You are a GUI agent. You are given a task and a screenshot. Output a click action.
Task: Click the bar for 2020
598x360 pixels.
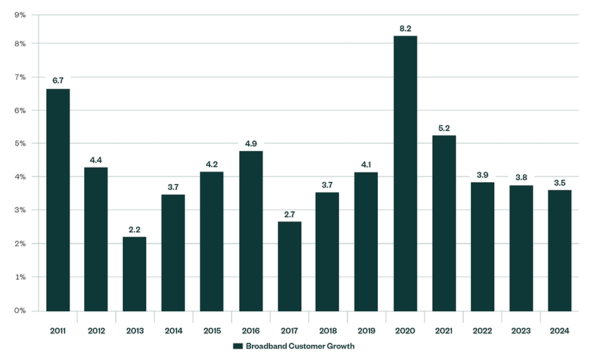pos(405,173)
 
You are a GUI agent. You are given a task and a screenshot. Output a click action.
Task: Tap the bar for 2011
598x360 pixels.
pos(58,199)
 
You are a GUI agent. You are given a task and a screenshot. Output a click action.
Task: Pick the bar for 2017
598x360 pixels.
pos(289,266)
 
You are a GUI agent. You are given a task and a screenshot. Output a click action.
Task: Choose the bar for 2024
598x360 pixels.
pos(559,250)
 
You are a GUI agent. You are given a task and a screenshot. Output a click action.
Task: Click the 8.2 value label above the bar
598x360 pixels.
pos(405,28)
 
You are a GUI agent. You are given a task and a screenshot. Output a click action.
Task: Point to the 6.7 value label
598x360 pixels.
pos(58,80)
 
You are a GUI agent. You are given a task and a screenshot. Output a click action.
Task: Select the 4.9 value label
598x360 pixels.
pos(251,143)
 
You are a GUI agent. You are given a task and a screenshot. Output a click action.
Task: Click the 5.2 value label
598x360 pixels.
pos(444,127)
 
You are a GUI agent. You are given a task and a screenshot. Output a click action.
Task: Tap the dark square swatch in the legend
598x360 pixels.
pos(238,346)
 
